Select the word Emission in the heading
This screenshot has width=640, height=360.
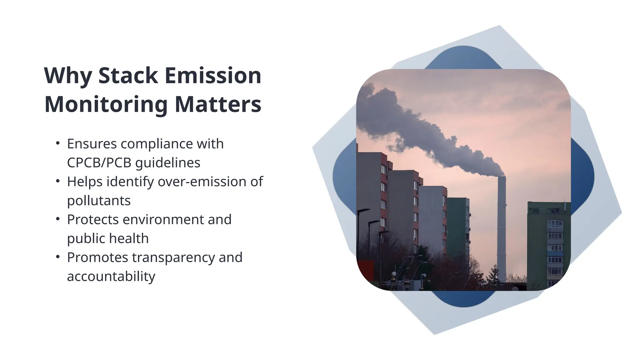213,76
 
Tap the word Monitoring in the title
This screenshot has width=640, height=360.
106,104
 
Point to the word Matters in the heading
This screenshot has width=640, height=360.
218,104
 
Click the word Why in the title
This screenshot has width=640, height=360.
68,76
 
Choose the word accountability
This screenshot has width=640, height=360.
111,277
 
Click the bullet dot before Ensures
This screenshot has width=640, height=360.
57,143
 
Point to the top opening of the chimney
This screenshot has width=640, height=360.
501,177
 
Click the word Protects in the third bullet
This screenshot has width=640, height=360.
93,220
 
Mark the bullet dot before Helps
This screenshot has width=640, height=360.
57,181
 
